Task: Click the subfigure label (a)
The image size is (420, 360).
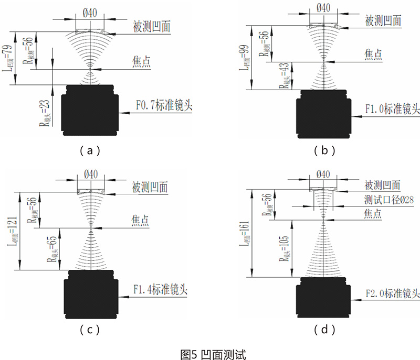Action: (x=89, y=151)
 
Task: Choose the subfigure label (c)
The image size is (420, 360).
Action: (x=89, y=330)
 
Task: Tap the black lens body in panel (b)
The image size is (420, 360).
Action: (x=323, y=115)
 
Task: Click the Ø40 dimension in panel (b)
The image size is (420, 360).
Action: (x=323, y=7)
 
